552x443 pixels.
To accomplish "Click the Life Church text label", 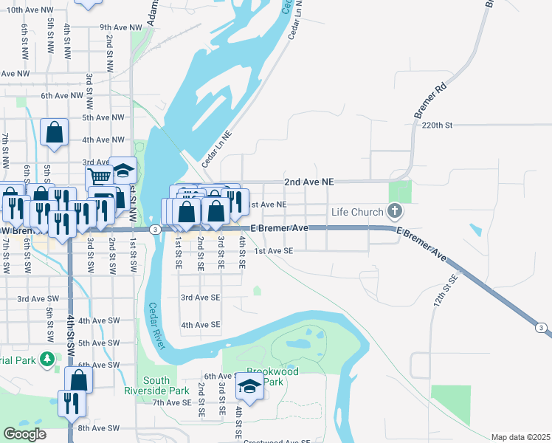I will coord(357,212).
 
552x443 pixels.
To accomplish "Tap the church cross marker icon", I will coord(395,212).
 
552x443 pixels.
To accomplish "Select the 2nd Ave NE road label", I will coord(309,181).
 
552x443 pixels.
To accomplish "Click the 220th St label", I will coord(436,126).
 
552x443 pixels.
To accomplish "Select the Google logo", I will coord(25,434).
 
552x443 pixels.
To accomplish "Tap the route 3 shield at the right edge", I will coord(542,327).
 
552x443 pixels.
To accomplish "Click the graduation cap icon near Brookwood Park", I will coord(250,386).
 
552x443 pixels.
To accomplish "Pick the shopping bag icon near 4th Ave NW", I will coord(55,133).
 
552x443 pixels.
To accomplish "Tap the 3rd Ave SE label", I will coord(201,298).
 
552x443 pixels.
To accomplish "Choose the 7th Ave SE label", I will coord(172,403).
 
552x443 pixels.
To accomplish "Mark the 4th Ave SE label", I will coord(201,325).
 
